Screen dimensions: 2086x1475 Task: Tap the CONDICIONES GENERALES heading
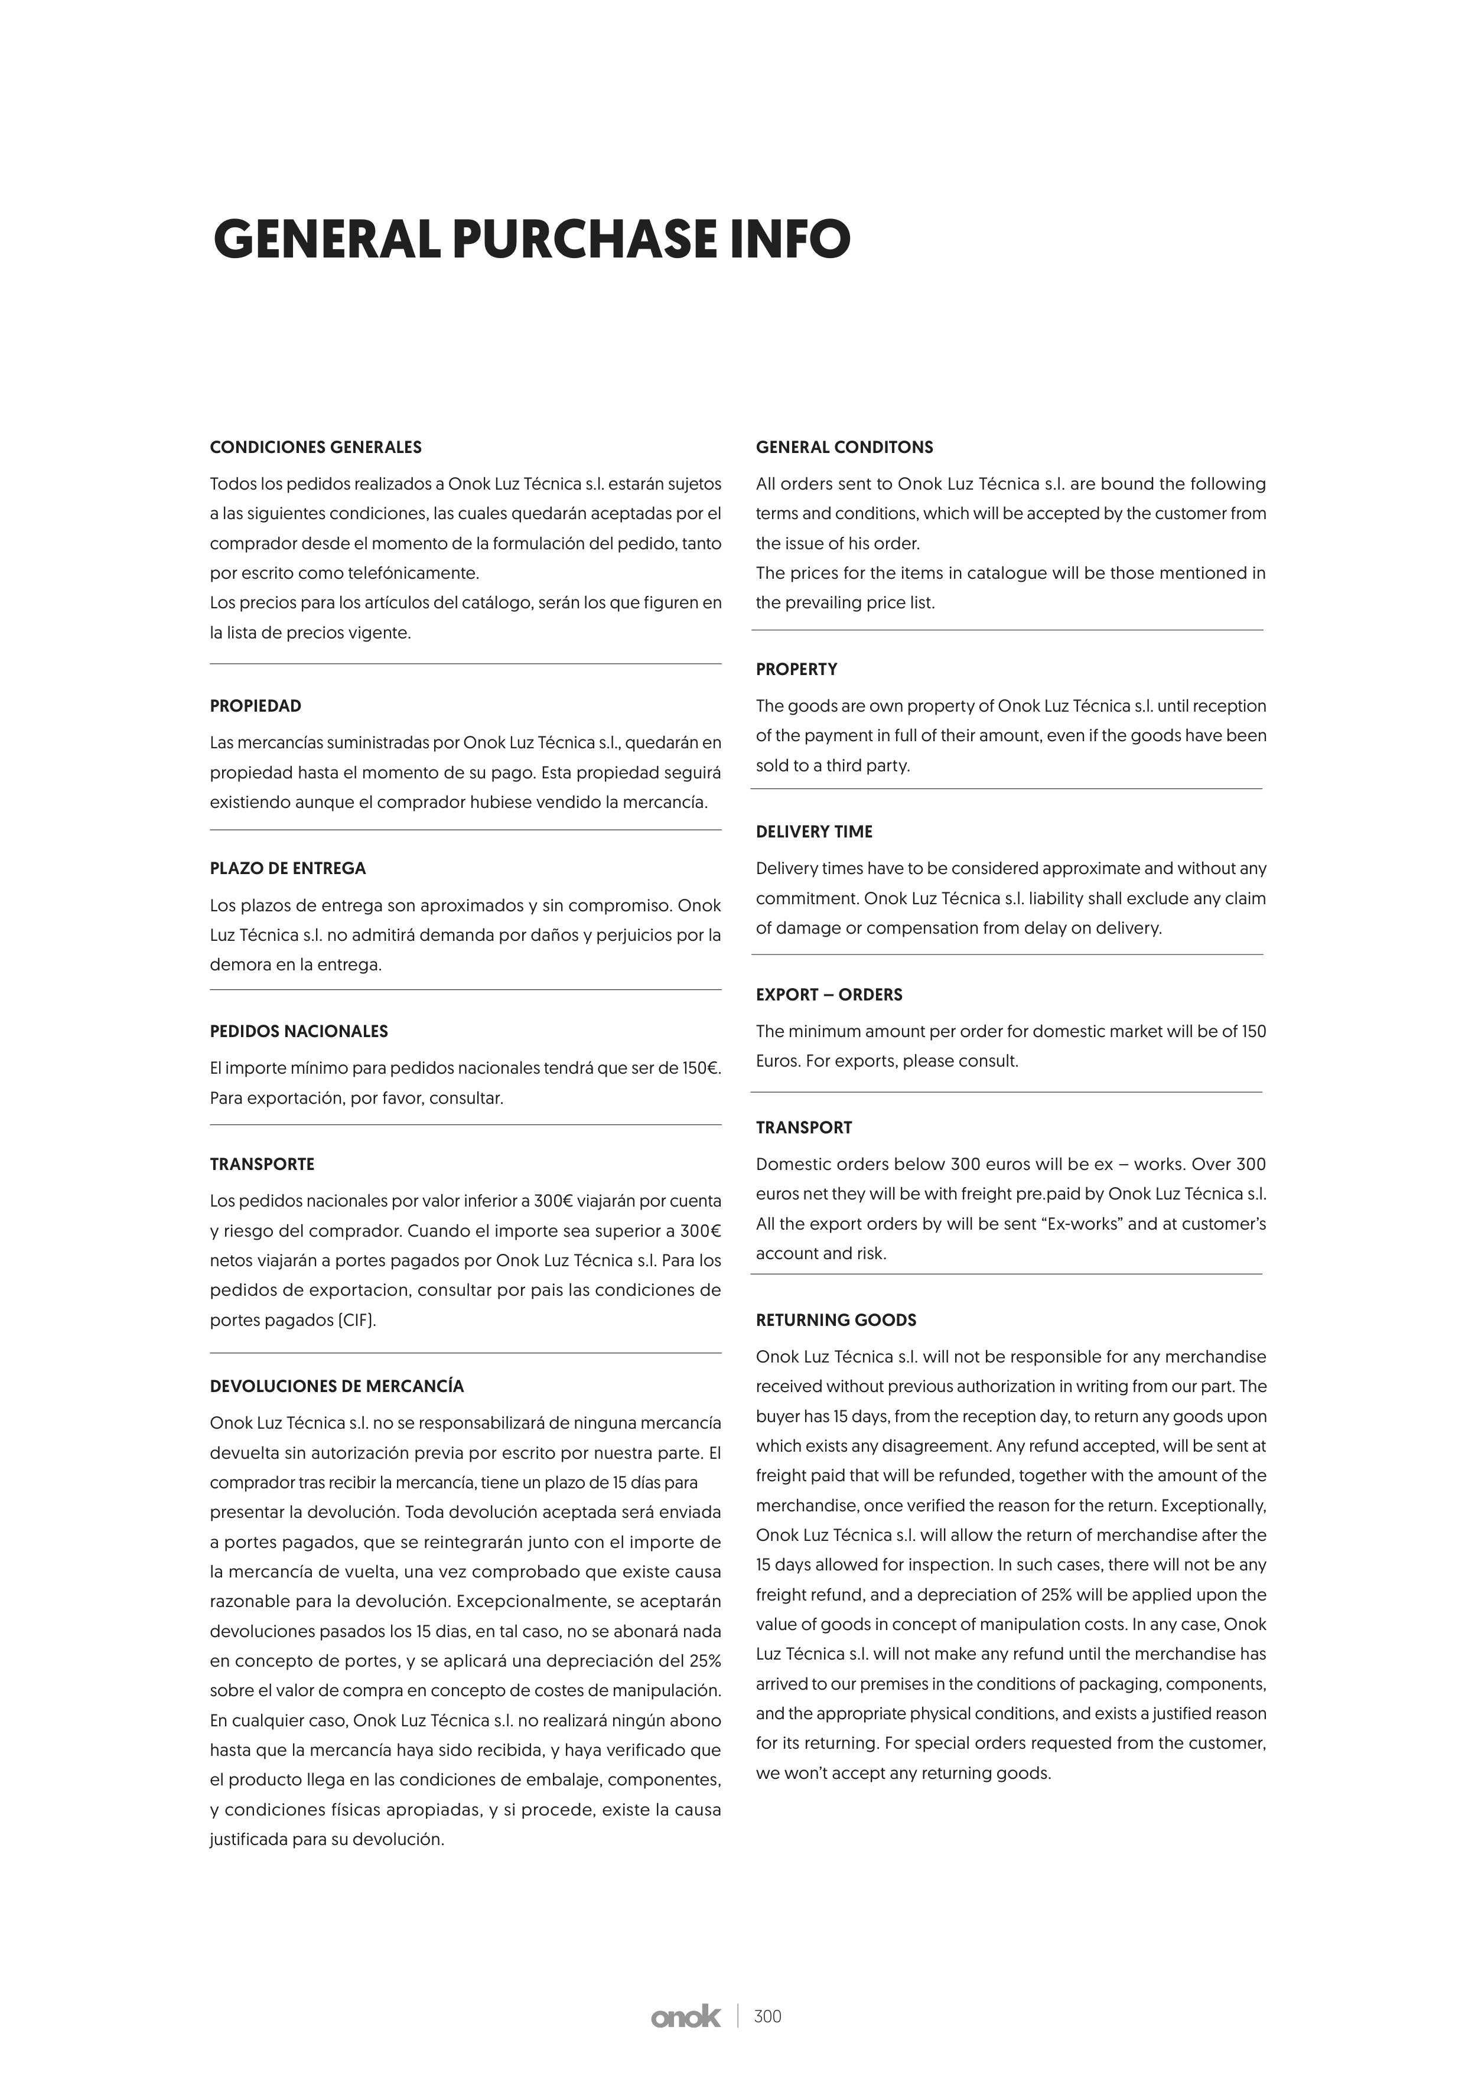coord(315,447)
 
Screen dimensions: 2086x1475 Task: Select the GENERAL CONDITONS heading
coord(844,447)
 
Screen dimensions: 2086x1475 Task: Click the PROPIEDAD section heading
coord(255,706)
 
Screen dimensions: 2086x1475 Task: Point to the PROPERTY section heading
coord(796,670)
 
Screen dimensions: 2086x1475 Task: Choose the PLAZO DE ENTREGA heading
coord(287,869)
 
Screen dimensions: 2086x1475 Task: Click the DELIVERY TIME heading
coord(813,832)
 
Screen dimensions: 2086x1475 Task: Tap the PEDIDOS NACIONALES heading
coord(298,1031)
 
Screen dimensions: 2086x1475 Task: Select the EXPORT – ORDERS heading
coord(829,995)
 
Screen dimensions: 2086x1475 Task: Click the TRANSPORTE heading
coord(262,1164)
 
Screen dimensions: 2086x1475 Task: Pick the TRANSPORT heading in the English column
coord(803,1127)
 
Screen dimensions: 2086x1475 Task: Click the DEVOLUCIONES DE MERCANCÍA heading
coord(336,1386)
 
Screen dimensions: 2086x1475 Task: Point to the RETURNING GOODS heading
coord(835,1320)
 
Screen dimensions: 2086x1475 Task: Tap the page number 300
coord(768,2042)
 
